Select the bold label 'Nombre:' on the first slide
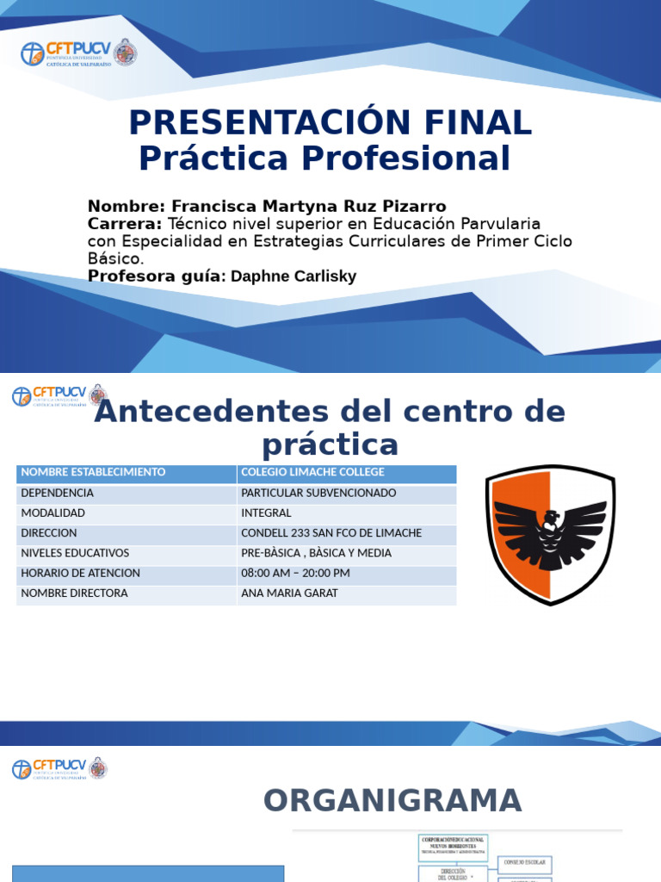126,206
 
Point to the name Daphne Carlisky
293,276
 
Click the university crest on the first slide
126,53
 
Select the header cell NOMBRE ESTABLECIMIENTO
93,473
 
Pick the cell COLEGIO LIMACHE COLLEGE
312,473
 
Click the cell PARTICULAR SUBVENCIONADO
318,494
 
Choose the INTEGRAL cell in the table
266,513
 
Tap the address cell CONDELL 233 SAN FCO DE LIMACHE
331,533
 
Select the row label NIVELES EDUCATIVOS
75,553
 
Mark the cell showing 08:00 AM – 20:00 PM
295,574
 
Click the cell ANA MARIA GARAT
289,593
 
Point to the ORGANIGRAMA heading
392,800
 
